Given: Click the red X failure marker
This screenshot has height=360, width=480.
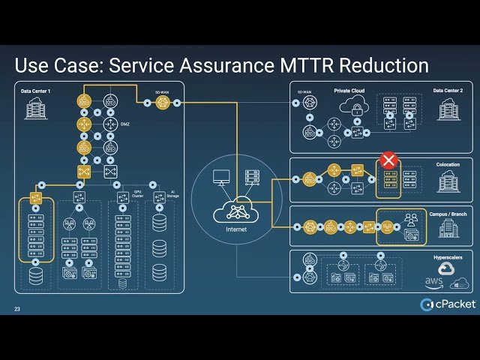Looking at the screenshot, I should (x=388, y=160).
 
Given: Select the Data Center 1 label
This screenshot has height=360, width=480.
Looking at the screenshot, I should (x=35, y=91).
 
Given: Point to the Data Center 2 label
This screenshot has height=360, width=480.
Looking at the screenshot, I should (x=448, y=91).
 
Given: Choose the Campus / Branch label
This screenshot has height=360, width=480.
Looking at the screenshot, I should (x=448, y=214).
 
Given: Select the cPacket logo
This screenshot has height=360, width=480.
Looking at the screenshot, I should (x=448, y=303).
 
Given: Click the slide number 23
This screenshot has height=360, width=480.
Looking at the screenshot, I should (x=17, y=309).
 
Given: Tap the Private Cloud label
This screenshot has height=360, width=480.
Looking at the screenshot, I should (x=349, y=91).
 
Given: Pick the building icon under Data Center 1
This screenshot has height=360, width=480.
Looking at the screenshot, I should (x=35, y=109).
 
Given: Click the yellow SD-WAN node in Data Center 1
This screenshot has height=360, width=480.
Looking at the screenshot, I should (x=162, y=102).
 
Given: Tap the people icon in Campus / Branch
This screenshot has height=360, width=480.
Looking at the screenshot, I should (x=411, y=220).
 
